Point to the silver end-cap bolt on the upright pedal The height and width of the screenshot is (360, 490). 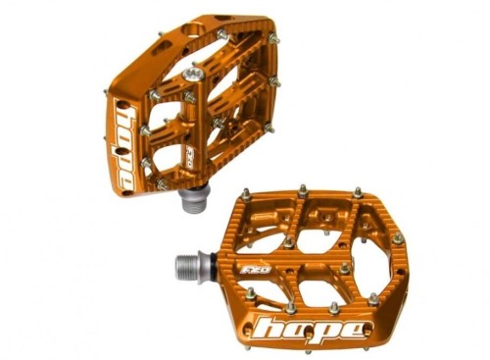(x=194, y=74)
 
